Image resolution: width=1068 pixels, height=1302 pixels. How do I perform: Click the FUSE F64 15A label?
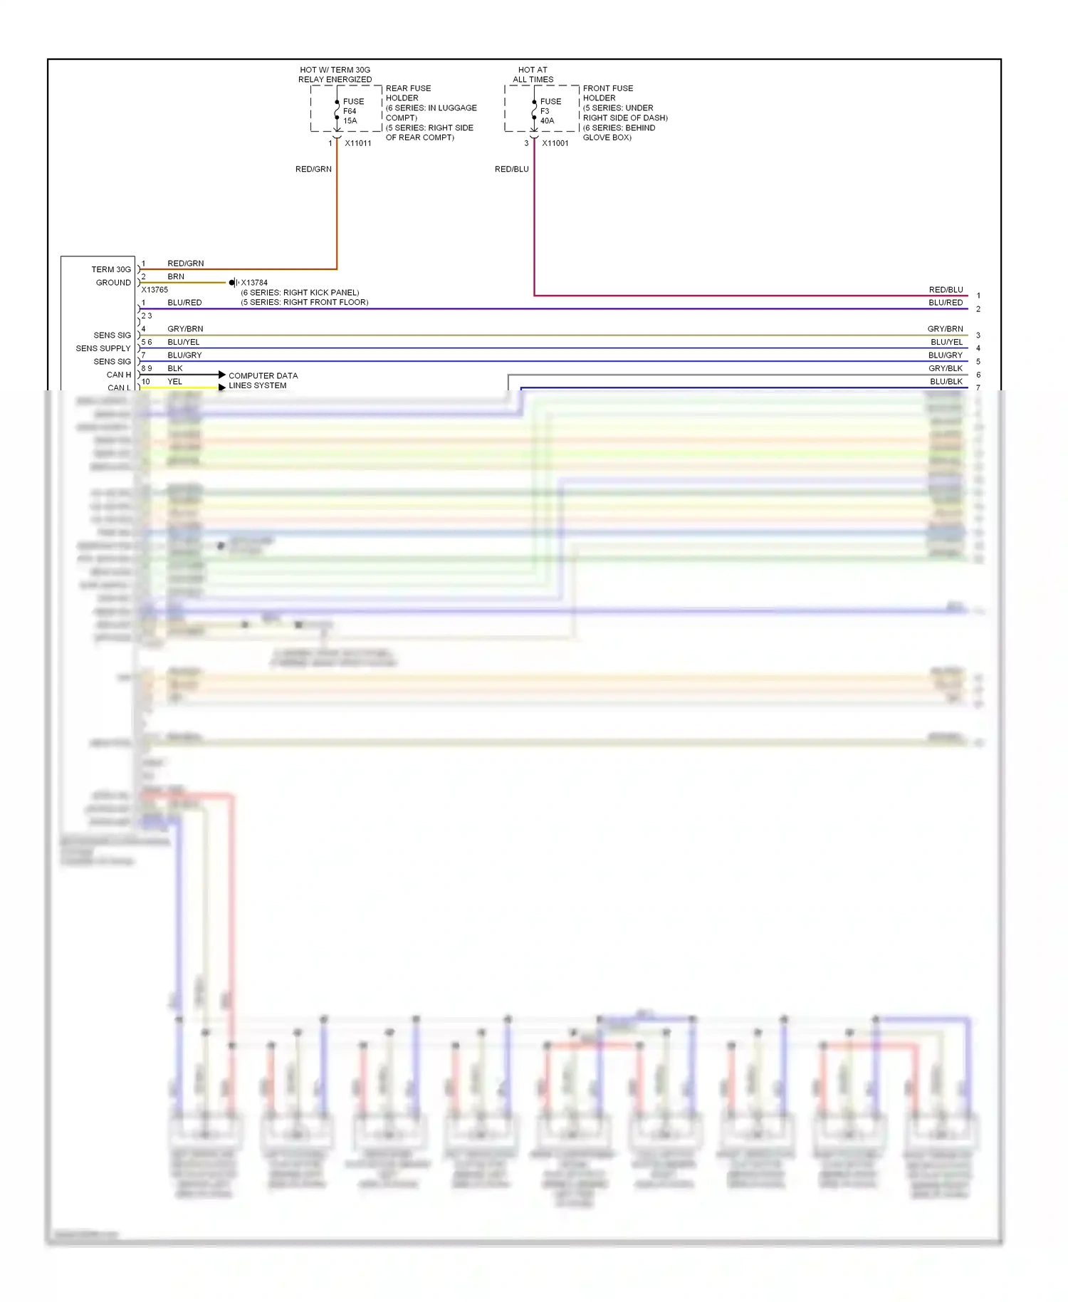click(x=352, y=111)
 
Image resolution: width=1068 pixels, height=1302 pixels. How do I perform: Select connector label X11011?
click(x=357, y=143)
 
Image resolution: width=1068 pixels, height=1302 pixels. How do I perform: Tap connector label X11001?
click(x=555, y=143)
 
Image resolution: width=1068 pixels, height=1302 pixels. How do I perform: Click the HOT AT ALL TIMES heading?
click(x=533, y=75)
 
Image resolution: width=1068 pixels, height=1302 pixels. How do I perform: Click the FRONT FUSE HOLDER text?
click(x=607, y=93)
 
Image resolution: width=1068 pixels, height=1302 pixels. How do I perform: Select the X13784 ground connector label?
click(x=254, y=283)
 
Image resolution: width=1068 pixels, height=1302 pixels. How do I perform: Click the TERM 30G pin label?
click(x=111, y=269)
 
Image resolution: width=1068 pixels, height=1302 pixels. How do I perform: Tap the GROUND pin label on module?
click(x=113, y=283)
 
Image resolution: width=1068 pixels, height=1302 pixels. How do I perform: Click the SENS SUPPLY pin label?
click(x=103, y=348)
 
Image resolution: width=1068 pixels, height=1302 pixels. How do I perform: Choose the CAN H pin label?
click(x=118, y=375)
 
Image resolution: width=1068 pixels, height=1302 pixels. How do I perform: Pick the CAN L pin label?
click(x=118, y=387)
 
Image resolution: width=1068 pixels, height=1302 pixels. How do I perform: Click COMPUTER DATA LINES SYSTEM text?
click(x=263, y=380)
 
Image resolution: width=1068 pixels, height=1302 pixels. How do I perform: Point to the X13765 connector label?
click(x=155, y=290)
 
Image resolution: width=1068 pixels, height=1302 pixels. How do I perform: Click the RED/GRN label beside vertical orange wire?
click(x=313, y=170)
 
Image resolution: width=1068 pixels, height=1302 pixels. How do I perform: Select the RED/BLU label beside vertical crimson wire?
click(x=511, y=170)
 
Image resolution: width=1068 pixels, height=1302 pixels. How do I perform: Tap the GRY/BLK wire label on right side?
click(x=945, y=368)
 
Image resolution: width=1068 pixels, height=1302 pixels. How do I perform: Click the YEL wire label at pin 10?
click(x=174, y=382)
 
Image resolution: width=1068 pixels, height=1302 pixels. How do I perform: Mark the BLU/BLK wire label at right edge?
click(x=946, y=382)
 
